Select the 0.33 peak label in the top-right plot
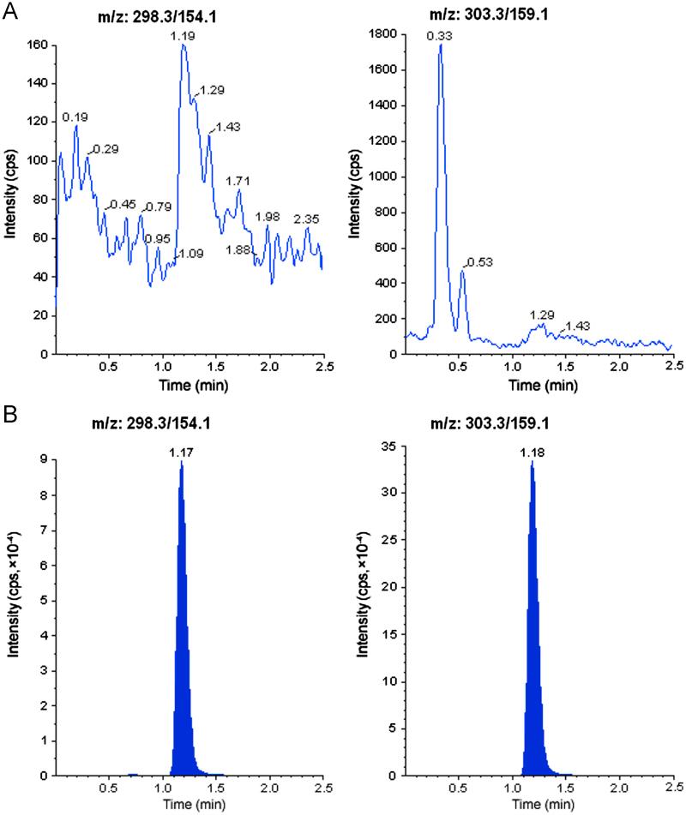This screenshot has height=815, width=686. (x=440, y=37)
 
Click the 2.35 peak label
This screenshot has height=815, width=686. (x=306, y=219)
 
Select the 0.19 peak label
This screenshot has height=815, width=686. (x=75, y=117)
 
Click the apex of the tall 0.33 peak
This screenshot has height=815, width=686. (x=441, y=45)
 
